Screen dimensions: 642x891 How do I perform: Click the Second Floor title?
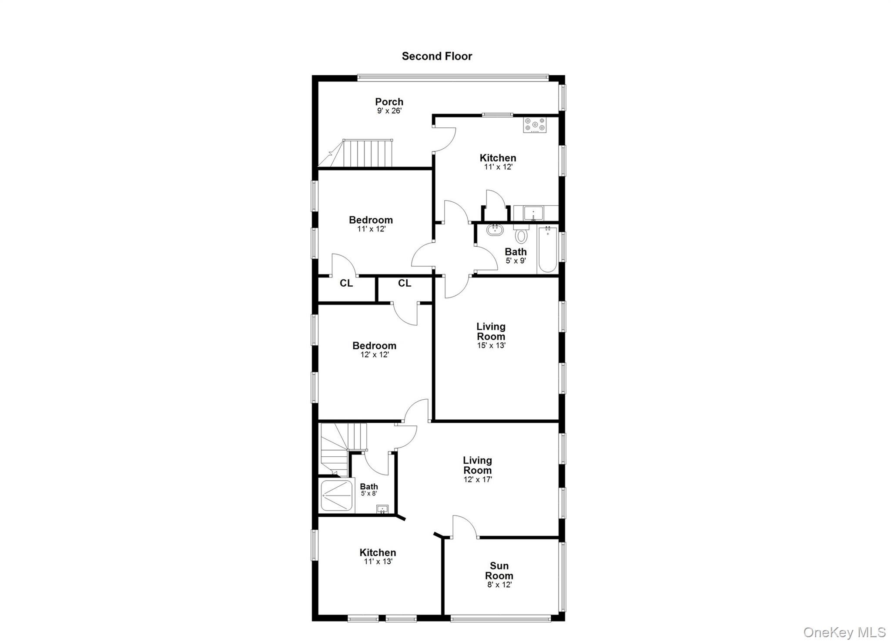[437, 56]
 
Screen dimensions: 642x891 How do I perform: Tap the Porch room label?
[389, 102]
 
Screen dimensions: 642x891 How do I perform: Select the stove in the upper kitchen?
[535, 125]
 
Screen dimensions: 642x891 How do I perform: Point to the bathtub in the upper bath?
[547, 250]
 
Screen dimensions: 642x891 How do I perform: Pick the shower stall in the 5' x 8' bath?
[336, 495]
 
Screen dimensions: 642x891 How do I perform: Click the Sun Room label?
[499, 571]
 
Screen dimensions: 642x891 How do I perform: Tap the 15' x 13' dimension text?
[491, 346]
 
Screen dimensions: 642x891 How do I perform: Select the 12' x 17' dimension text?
[478, 480]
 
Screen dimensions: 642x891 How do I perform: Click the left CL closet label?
[346, 284]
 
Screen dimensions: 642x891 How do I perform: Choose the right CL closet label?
[404, 284]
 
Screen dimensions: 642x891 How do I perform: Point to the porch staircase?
[368, 153]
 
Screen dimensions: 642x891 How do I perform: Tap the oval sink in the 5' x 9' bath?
[495, 230]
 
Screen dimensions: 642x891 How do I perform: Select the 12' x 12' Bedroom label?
[374, 346]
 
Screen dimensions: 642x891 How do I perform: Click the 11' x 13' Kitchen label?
[378, 553]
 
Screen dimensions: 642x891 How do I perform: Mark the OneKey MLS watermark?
[844, 632]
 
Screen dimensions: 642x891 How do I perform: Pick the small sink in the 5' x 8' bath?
[382, 509]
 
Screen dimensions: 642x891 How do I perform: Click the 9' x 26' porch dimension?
[389, 111]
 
